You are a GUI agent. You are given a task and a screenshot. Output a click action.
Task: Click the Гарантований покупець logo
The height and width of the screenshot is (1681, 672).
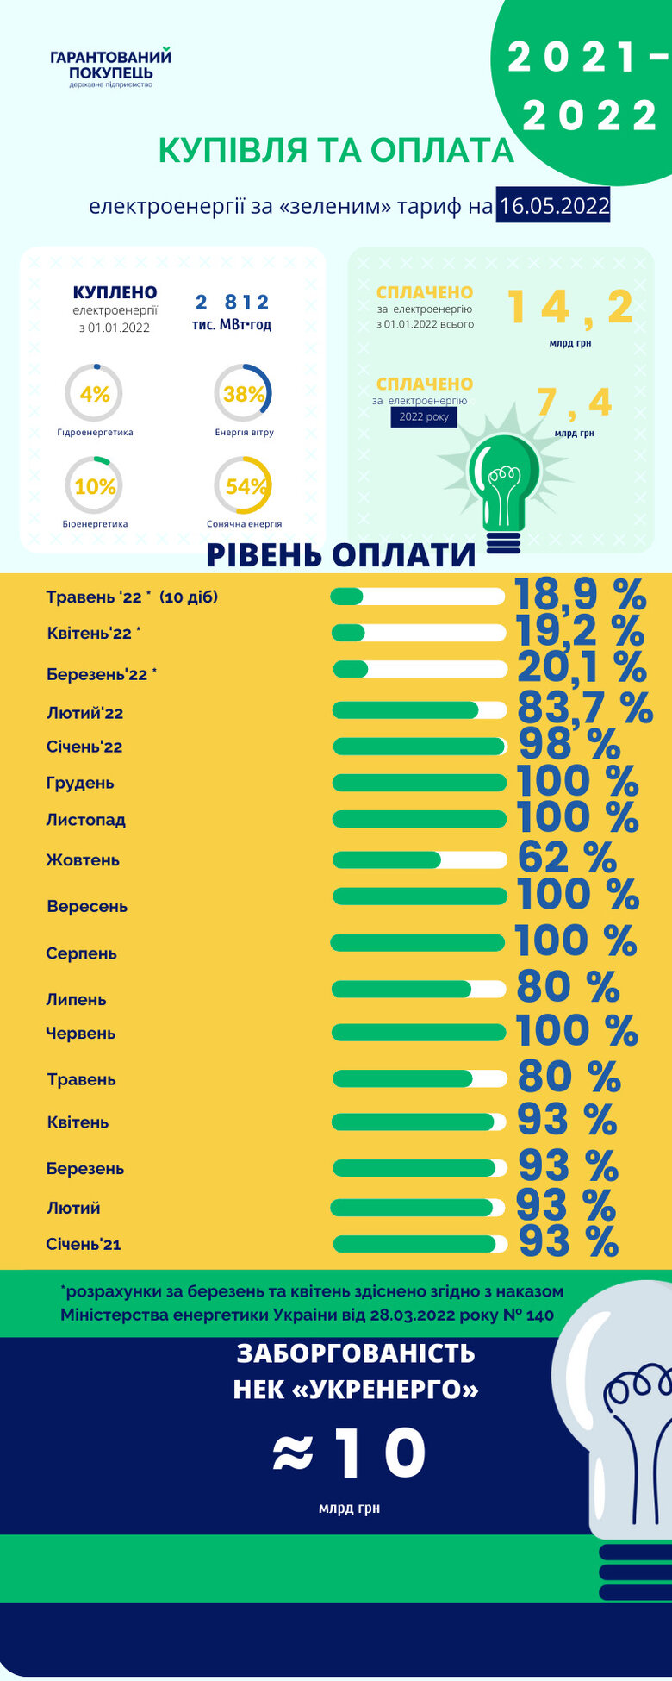click(111, 68)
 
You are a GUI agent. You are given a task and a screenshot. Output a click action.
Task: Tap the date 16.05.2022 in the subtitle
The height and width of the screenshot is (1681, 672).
click(553, 206)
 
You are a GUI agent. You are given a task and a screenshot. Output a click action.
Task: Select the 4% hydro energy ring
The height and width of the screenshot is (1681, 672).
click(94, 394)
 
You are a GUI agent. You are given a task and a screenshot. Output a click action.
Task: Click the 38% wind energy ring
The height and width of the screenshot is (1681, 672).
click(243, 394)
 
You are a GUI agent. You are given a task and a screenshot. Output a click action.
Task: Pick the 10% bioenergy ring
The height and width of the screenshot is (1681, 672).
click(94, 486)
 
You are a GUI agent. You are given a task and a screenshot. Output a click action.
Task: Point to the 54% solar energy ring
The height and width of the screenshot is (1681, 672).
click(243, 486)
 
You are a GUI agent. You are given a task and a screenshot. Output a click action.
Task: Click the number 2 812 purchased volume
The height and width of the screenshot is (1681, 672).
click(232, 303)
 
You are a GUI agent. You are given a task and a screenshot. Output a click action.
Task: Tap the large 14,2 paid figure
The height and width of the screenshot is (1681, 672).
click(570, 308)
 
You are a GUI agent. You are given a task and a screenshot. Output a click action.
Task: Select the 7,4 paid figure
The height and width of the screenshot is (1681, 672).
click(574, 402)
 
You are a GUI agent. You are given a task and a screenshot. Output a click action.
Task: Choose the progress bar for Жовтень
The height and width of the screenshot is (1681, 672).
click(420, 859)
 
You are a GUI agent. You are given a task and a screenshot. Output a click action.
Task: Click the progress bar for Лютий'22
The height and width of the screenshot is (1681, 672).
click(420, 710)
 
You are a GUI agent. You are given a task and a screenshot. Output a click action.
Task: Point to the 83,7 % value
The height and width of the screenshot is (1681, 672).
click(584, 709)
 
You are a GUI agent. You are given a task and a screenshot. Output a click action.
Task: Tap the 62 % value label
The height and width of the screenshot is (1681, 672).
click(567, 858)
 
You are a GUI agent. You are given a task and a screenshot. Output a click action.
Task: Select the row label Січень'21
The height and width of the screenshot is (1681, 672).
click(84, 1244)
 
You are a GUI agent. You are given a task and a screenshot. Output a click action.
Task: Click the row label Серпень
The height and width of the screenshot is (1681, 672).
click(81, 953)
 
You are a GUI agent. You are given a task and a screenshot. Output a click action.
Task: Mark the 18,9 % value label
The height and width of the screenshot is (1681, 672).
click(580, 595)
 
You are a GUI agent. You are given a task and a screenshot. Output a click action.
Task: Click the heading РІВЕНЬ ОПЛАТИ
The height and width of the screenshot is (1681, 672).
click(341, 555)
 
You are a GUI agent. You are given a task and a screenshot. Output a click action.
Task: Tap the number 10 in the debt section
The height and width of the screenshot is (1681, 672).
click(379, 1453)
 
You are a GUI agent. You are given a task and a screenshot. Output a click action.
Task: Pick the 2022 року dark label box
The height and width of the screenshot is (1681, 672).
click(424, 417)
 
